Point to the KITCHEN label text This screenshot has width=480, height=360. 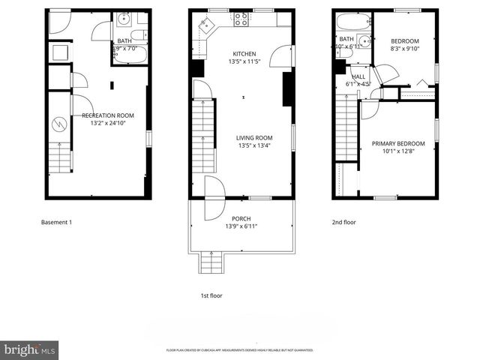tap(244, 54)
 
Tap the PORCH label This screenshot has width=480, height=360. tap(240, 218)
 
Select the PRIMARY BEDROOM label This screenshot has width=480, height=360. tap(398, 144)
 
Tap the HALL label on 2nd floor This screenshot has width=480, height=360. tap(359, 77)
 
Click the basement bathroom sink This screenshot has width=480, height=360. tap(124, 19)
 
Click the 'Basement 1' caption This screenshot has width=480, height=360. tap(55, 223)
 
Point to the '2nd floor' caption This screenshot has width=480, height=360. tap(343, 223)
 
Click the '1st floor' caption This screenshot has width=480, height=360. tap(211, 295)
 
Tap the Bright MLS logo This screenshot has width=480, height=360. tap(30, 349)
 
